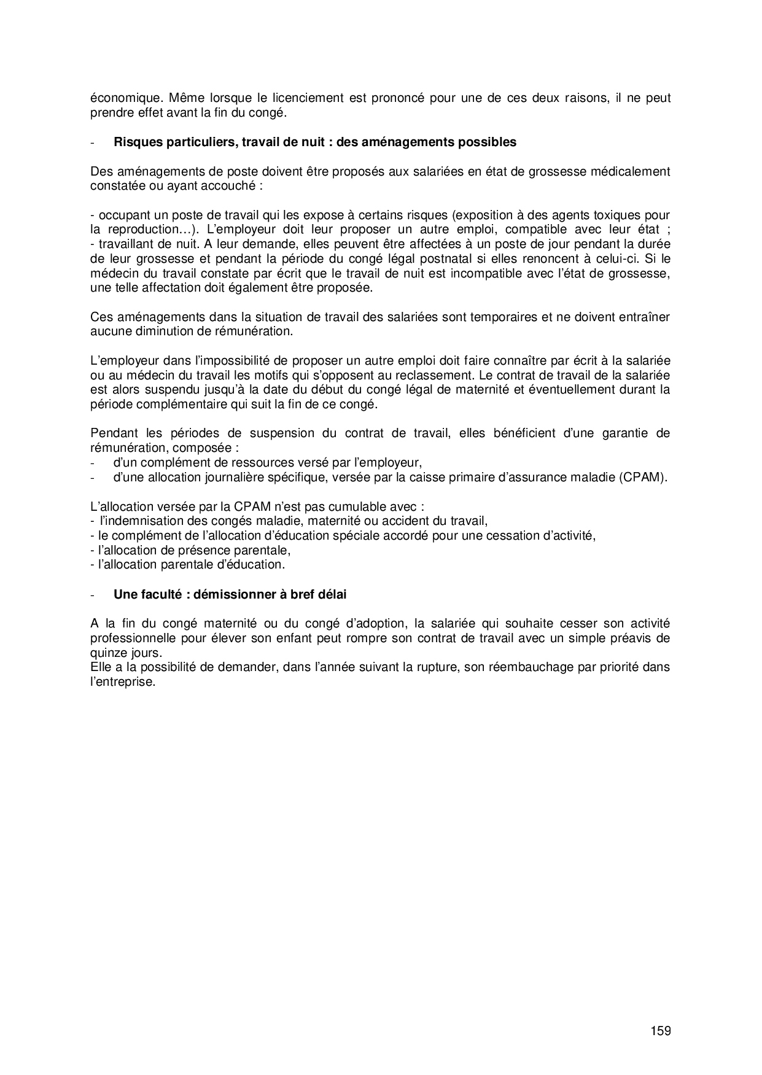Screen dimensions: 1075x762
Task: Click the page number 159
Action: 661,1030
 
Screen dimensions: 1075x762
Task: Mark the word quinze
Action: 106,653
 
